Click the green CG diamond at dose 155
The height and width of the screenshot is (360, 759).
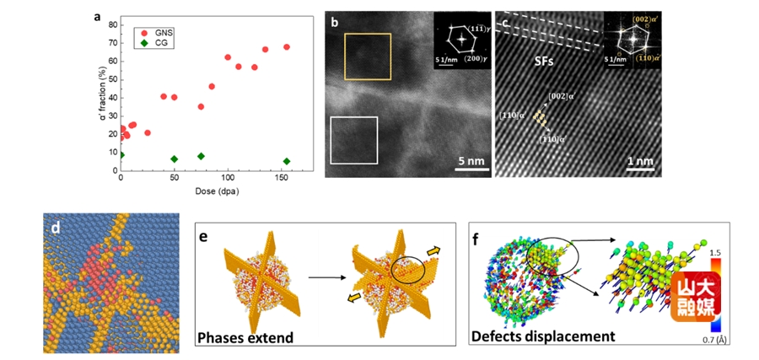coord(287,161)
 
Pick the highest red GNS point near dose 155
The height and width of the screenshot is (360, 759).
coord(287,47)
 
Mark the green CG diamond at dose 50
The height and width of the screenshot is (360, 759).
coord(175,159)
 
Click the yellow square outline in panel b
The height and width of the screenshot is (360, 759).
coord(367,56)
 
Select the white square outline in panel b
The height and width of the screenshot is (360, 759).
coord(353,139)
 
